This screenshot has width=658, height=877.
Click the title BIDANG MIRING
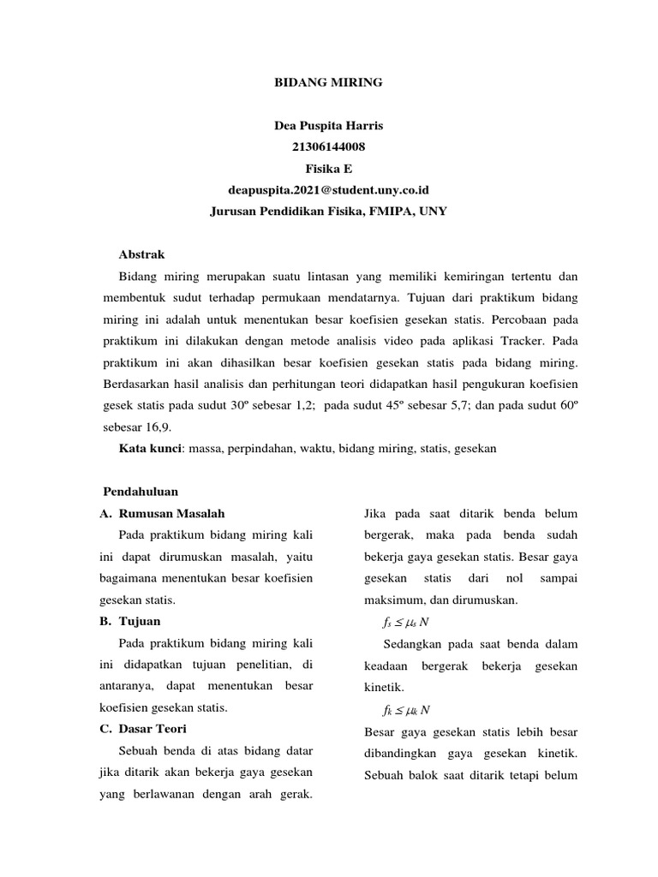328,83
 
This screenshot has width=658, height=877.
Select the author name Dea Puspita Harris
328,126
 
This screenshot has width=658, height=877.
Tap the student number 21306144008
328,147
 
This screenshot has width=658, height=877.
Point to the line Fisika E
328,168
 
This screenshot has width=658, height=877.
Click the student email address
328,189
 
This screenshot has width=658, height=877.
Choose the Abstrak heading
141,255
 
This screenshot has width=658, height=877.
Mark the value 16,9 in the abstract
159,427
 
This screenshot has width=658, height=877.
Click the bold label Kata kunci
150,448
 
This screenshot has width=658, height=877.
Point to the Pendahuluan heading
141,492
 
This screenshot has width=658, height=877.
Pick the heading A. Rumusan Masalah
163,513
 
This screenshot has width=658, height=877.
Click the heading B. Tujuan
130,621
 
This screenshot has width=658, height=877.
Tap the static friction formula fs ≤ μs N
406,622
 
